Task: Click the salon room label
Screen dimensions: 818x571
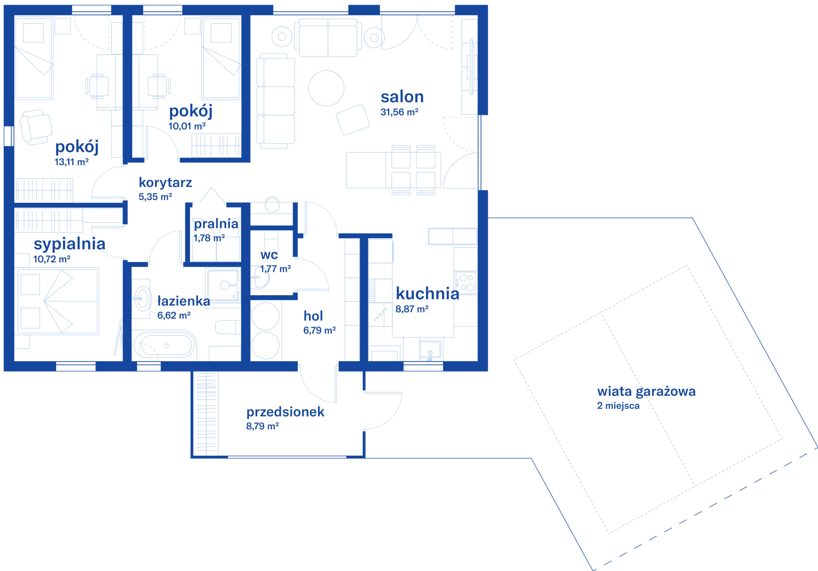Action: coord(402,97)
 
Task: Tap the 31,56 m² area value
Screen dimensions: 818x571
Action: coord(399,112)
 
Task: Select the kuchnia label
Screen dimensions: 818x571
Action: coord(428,294)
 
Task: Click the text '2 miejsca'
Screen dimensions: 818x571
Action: coord(618,406)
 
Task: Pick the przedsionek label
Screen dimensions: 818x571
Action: coord(285,412)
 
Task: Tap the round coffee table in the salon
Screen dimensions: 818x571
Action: coord(326,88)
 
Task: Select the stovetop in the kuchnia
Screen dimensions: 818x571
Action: coord(466,282)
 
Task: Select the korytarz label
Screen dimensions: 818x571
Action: coord(165,183)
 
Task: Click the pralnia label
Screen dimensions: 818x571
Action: coord(216,224)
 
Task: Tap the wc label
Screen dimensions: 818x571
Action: coord(269,255)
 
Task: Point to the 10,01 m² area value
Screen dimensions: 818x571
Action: coord(187,126)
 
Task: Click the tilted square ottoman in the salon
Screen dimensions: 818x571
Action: coord(353,120)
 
